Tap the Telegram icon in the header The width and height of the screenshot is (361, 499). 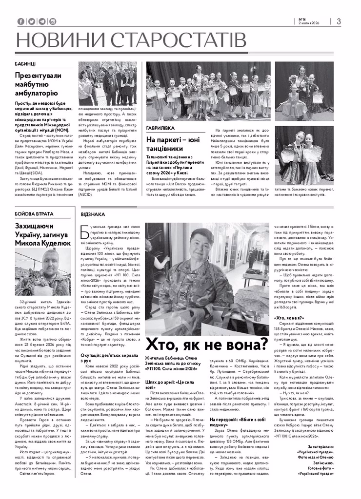pos(42,21)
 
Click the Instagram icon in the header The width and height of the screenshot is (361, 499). pos(53,21)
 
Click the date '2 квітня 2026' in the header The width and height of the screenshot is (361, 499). pos(310,25)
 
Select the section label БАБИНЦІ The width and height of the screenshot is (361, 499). pos(25,64)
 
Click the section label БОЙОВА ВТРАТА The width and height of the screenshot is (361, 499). pos(33,201)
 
